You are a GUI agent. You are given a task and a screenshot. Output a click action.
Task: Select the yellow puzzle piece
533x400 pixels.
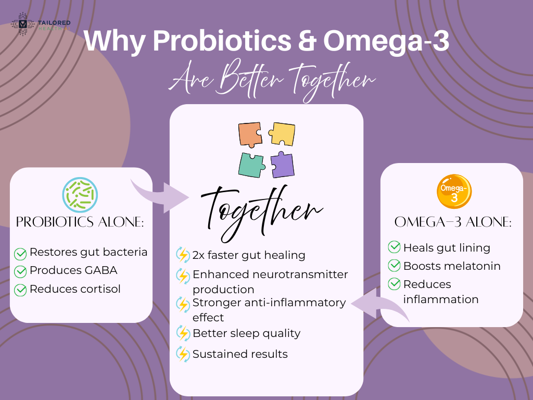(283, 134)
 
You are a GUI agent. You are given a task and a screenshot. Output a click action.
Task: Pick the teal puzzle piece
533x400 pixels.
(251, 165)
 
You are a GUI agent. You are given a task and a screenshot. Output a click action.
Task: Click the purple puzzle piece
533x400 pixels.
(282, 165)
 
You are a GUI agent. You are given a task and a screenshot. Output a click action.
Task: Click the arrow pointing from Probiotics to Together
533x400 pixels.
(159, 195)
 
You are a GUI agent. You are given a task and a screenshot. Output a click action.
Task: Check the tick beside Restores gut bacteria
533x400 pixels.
(20, 254)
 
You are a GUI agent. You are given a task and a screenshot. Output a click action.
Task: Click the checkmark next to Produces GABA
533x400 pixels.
(20, 271)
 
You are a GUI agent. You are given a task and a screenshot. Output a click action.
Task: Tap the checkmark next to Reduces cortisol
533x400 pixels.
(20, 290)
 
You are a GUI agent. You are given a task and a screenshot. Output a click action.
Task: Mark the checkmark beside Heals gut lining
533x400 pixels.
(395, 247)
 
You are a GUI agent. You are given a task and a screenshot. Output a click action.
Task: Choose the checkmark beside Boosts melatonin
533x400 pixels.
(395, 266)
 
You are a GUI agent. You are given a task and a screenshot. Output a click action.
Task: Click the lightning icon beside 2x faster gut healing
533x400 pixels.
(183, 255)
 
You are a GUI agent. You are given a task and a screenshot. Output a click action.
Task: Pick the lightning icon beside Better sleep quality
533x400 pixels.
(183, 333)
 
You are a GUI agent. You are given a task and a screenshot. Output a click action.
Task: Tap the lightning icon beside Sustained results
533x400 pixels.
(183, 354)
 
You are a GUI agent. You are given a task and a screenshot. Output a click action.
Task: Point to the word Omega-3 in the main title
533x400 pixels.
(386, 42)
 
